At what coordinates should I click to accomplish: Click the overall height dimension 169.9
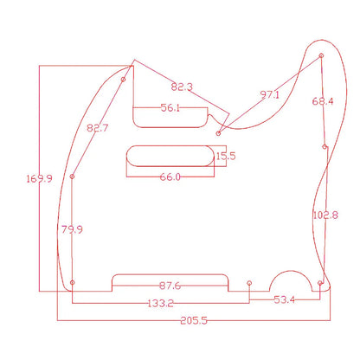click(39, 179)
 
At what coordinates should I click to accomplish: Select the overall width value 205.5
click(192, 319)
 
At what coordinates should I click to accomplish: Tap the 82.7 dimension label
click(98, 129)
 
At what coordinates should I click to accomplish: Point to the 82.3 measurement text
click(183, 87)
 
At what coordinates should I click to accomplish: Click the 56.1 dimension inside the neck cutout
click(170, 108)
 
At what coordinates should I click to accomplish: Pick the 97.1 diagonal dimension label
click(269, 94)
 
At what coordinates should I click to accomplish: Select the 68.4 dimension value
click(323, 101)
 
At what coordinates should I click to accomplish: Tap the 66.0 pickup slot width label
click(169, 177)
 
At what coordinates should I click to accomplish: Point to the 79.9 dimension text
click(72, 229)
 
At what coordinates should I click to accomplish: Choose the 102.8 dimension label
click(325, 215)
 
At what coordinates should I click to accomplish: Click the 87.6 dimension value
click(170, 286)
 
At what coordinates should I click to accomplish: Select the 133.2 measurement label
click(161, 303)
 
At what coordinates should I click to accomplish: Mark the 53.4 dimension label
click(284, 299)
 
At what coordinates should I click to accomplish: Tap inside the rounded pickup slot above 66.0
click(170, 156)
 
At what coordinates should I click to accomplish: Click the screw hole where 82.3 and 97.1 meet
click(219, 133)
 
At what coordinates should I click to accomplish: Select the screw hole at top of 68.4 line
click(323, 57)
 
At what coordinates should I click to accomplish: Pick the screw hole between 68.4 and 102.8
click(325, 147)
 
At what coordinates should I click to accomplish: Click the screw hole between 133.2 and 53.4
click(249, 283)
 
